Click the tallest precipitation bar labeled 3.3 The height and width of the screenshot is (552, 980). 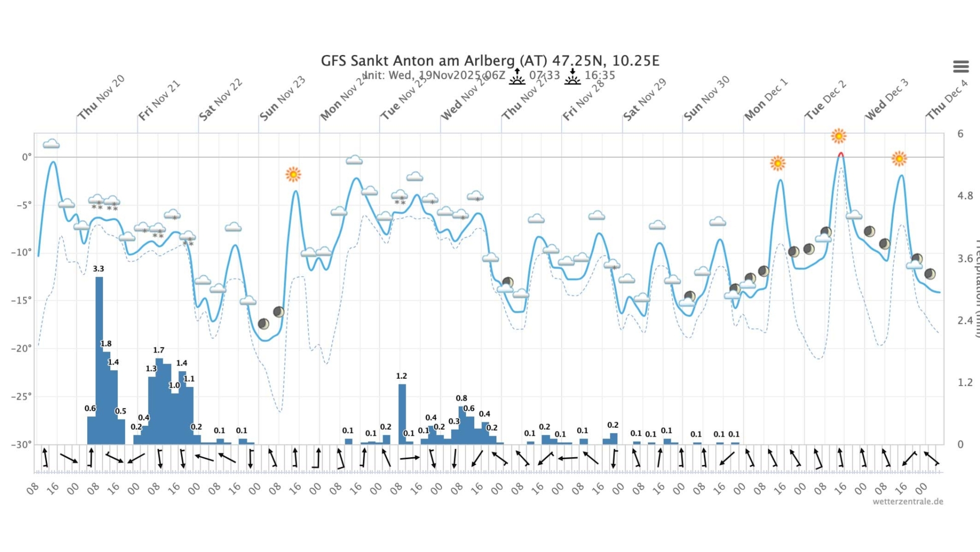point(99,361)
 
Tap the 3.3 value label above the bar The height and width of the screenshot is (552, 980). point(98,269)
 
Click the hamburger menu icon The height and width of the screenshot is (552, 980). point(960,66)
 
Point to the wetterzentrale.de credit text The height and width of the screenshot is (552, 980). point(907,501)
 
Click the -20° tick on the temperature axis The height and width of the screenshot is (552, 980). point(22,348)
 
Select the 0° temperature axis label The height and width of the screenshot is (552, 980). point(26,157)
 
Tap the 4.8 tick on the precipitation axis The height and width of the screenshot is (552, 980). point(965,196)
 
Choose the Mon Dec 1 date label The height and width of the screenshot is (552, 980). point(766,100)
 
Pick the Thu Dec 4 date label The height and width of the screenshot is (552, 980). point(947,100)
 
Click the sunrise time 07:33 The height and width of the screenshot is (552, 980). point(544,75)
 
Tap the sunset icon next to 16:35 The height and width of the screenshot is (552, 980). point(572,77)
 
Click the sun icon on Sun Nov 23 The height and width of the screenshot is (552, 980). point(293,174)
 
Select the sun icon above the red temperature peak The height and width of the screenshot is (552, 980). point(838,136)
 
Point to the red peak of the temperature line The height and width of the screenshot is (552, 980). point(841,154)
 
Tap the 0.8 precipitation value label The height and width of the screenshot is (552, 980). point(461,398)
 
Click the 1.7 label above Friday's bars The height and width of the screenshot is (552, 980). point(158,350)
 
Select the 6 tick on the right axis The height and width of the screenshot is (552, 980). point(960,133)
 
